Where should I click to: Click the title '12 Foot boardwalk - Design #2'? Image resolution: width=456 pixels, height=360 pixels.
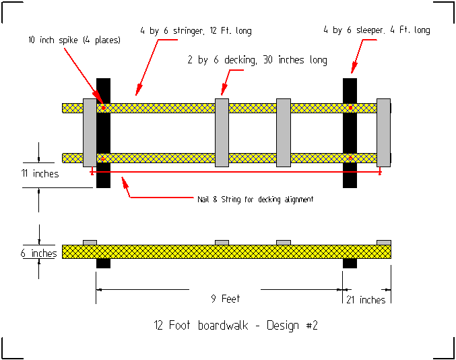[235, 326]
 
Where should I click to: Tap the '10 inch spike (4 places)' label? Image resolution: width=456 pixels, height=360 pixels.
[74, 40]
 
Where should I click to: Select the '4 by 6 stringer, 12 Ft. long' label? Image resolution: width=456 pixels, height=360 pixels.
[195, 30]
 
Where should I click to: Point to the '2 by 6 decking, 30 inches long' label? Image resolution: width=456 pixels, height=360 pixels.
[257, 60]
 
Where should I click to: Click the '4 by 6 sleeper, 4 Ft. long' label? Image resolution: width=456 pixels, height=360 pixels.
[376, 30]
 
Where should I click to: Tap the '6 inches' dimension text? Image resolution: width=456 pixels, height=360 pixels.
[38, 253]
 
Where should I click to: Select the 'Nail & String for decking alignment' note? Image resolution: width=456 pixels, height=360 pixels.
[255, 199]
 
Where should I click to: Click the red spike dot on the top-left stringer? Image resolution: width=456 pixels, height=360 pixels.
[103, 108]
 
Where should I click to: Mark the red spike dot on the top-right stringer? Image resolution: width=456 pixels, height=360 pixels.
[350, 108]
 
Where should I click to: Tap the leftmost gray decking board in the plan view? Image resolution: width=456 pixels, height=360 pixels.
[90, 133]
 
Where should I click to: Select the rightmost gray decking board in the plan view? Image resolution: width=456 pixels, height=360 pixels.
[383, 133]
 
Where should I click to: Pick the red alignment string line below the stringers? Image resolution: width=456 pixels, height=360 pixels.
[236, 173]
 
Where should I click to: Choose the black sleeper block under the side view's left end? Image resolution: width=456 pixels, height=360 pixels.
[103, 264]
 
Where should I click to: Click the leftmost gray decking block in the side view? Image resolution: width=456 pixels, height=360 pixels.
[90, 242]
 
